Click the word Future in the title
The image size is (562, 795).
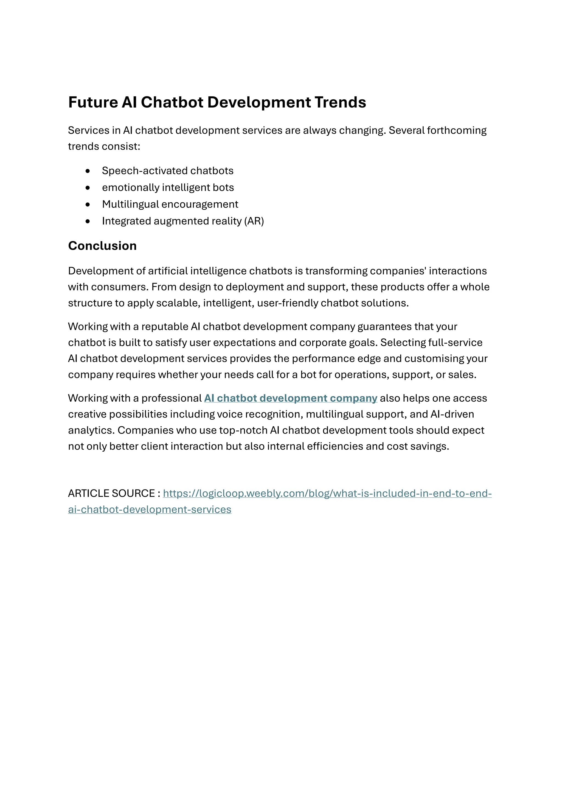(x=93, y=102)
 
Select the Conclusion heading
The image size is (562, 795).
(x=102, y=246)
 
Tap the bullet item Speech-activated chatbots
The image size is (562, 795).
(x=167, y=171)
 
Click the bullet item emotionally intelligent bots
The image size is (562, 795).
(x=168, y=188)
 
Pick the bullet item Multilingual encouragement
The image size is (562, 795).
(x=170, y=204)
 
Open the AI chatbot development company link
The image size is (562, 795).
(x=290, y=398)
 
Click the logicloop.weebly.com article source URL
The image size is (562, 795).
(x=327, y=493)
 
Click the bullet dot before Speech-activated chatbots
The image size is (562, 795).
(x=88, y=171)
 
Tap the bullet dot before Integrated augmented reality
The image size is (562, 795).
(x=88, y=221)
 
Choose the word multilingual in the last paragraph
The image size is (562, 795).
(x=339, y=415)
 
